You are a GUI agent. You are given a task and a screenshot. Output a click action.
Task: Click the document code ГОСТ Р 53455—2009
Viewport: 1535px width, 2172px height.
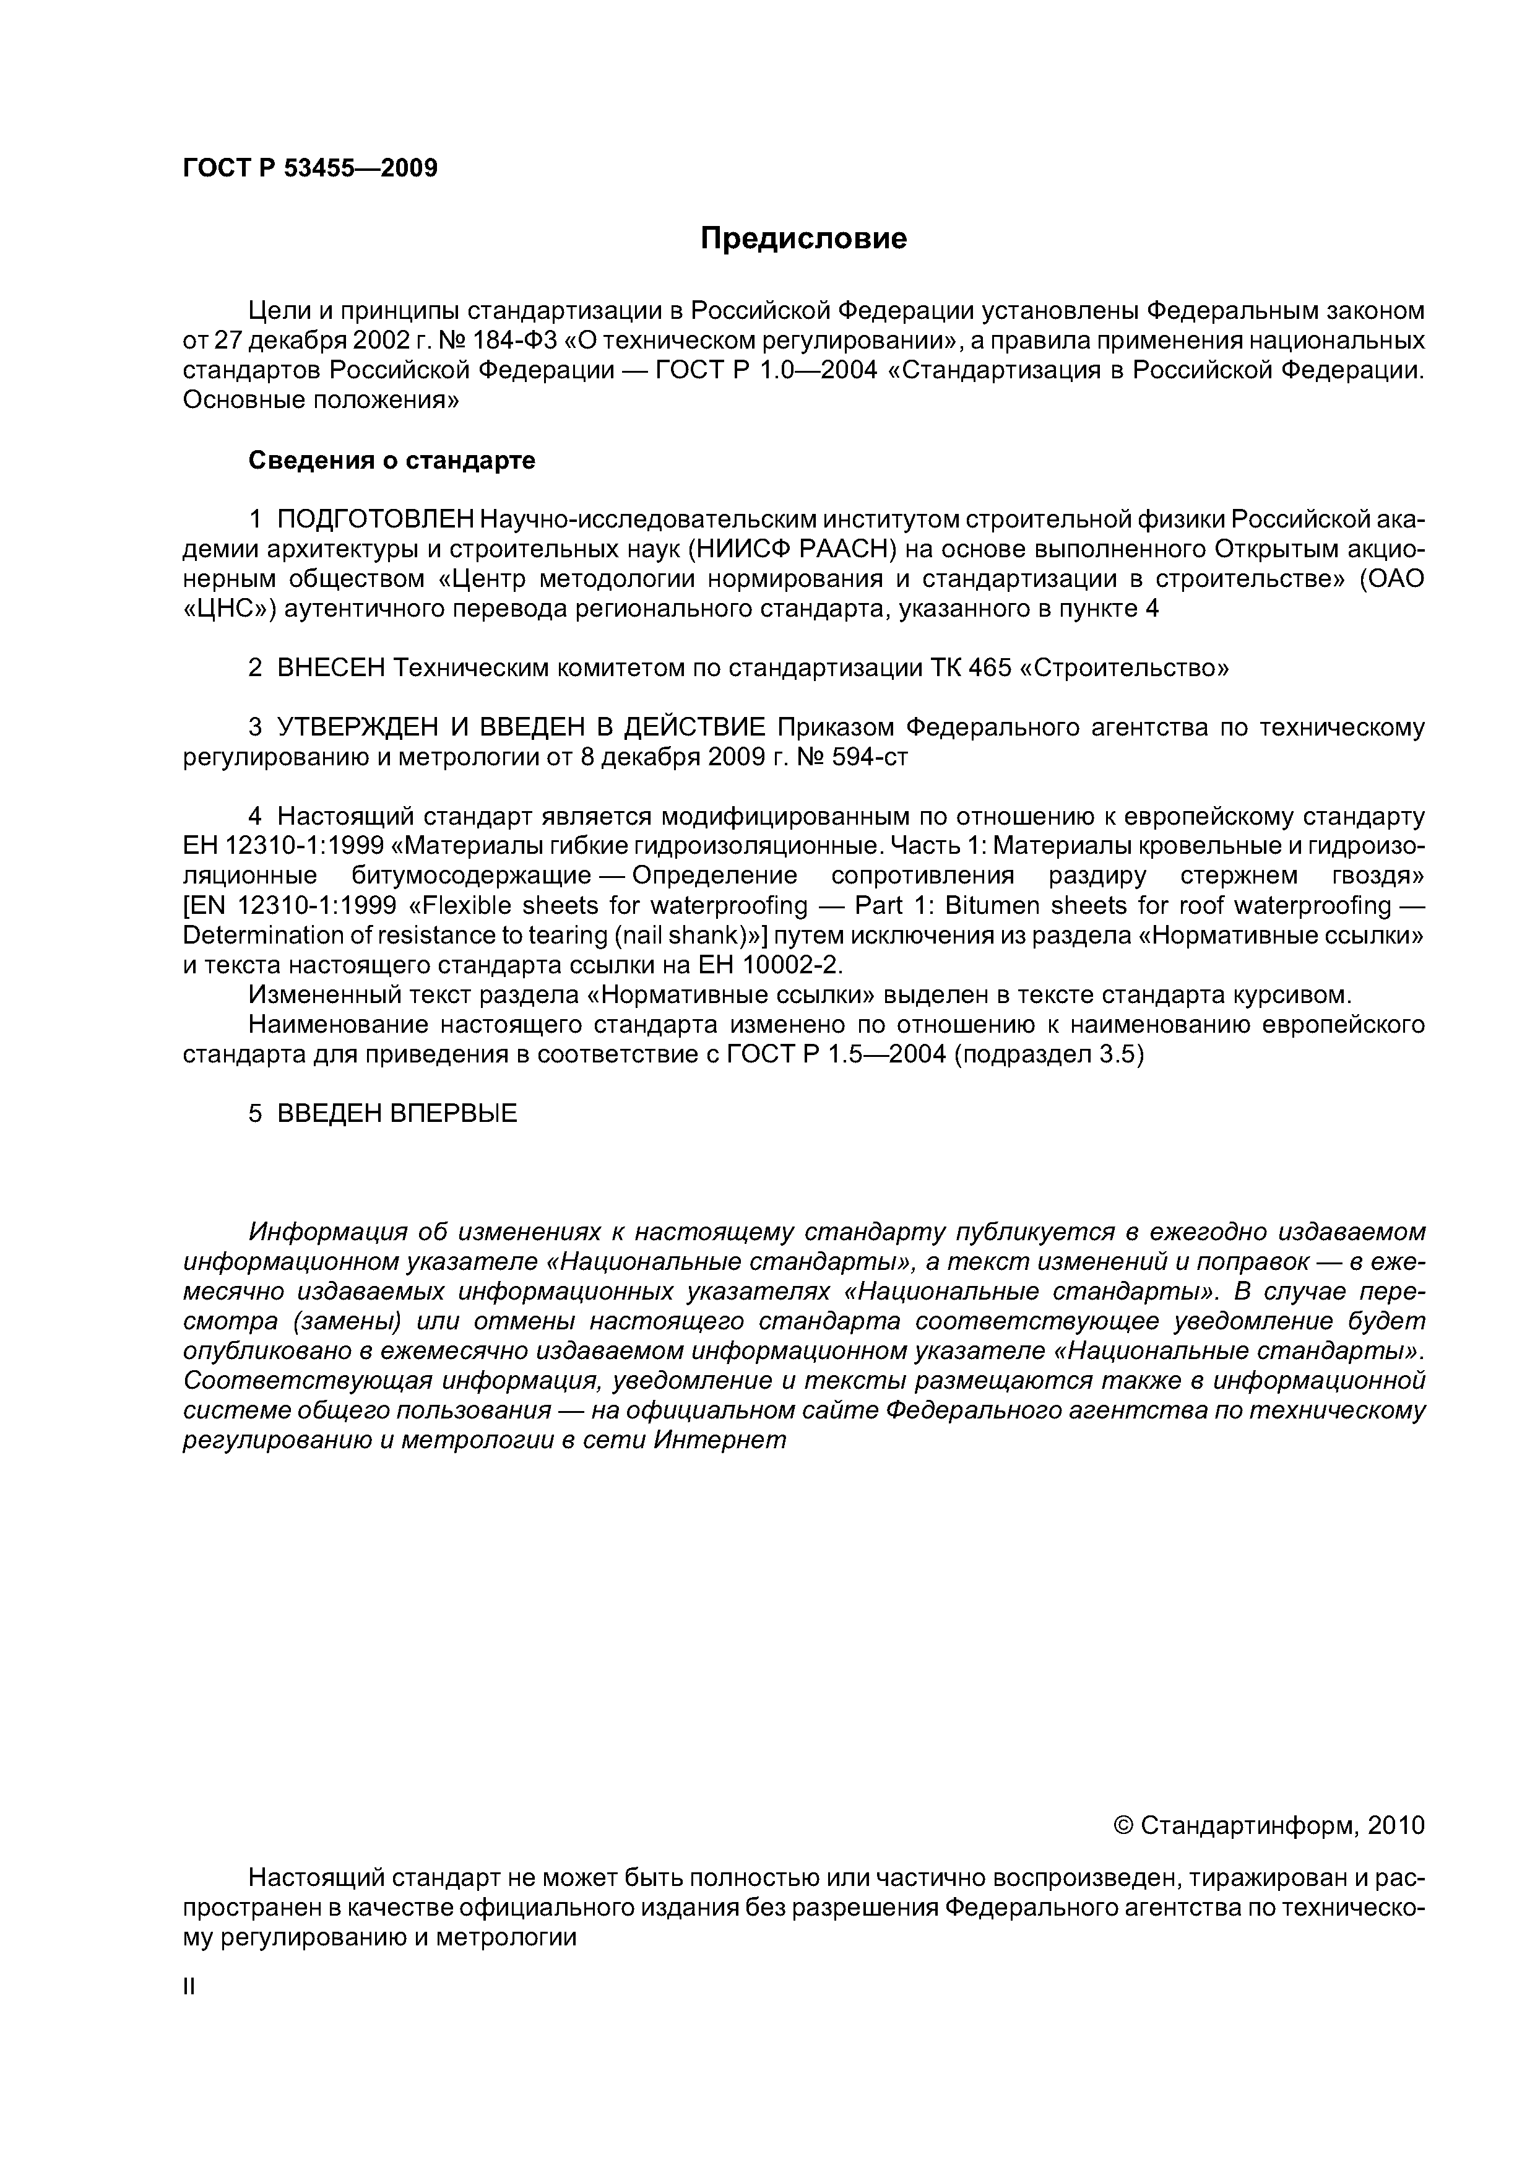(310, 168)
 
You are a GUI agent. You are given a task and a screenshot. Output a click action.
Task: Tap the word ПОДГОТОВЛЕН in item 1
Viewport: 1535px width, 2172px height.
(376, 519)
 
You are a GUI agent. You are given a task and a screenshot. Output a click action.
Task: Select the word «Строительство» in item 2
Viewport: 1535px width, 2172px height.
(1125, 668)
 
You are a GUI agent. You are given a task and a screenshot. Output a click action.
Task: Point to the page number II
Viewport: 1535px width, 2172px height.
(188, 1987)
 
